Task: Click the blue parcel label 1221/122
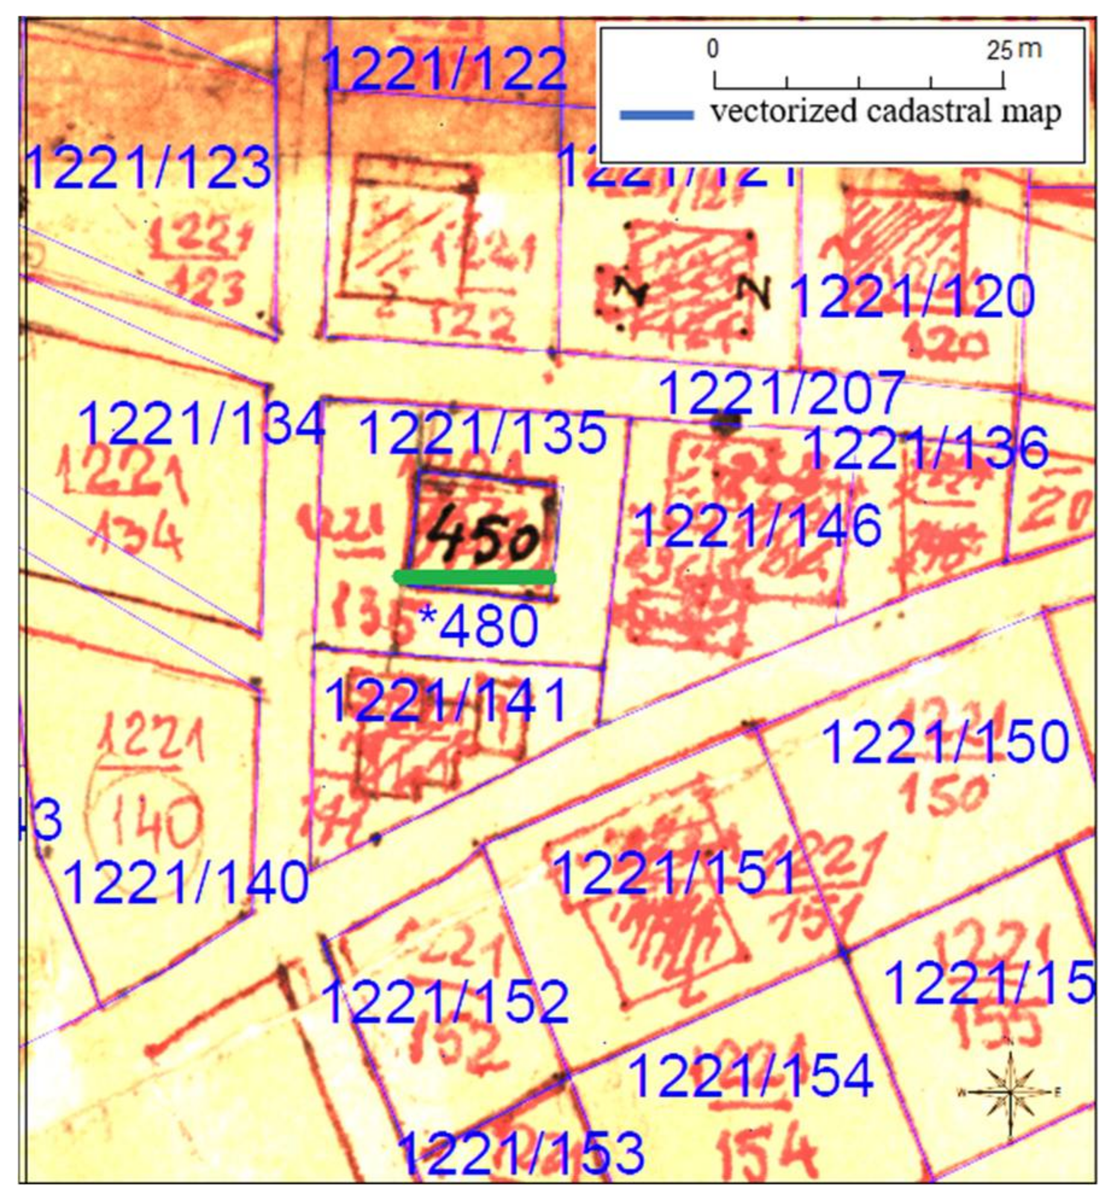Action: tap(445, 69)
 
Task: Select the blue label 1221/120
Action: tap(912, 297)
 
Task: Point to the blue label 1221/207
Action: tap(782, 393)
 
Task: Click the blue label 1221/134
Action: tap(202, 423)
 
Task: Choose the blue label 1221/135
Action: tap(483, 433)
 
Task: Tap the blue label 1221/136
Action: tap(926, 448)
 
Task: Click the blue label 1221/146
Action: tap(759, 526)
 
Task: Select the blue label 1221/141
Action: tap(447, 700)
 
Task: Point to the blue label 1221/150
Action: tap(945, 742)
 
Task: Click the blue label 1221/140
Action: tap(186, 883)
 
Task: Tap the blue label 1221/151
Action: tap(675, 873)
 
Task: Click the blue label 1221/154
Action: tap(752, 1076)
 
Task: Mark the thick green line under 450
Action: tap(475, 577)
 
